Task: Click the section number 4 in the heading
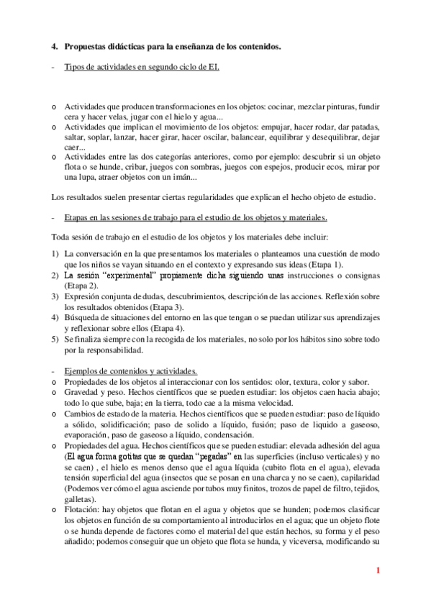tap(54, 47)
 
